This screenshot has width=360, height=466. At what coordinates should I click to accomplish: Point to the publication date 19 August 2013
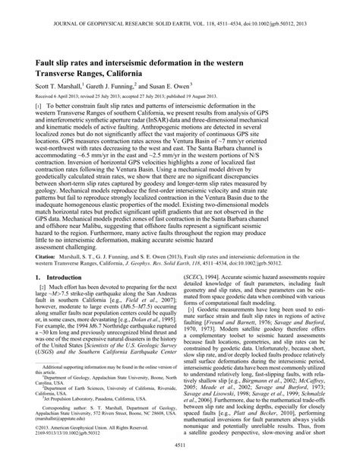click(x=239, y=99)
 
